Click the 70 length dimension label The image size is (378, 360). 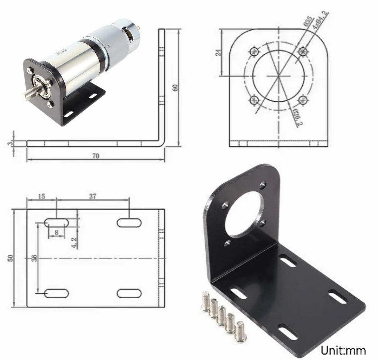point(96,156)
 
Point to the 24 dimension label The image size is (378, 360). point(218,52)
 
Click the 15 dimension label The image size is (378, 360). point(41,196)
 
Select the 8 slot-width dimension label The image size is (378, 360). point(56,232)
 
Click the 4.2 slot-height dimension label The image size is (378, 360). point(74,242)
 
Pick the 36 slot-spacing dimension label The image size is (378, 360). point(34,258)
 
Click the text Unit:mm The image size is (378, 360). point(343,350)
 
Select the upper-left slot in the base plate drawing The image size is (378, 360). point(56,222)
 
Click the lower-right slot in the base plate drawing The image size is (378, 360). point(130,293)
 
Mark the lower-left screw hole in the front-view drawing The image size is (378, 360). point(254,100)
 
